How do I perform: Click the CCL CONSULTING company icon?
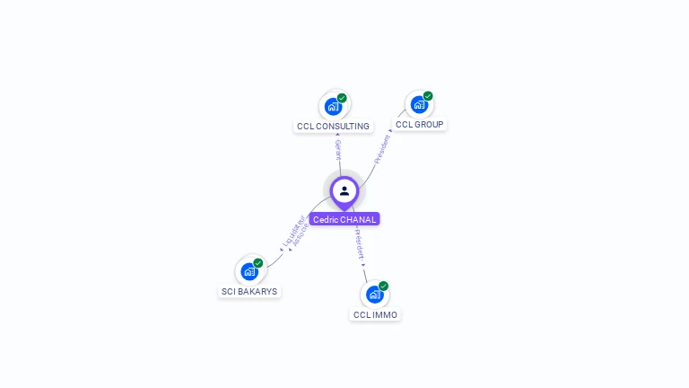pyautogui.click(x=333, y=106)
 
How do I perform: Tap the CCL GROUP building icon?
pyautogui.click(x=419, y=104)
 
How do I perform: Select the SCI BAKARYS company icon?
pyautogui.click(x=249, y=271)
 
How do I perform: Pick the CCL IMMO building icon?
pyautogui.click(x=374, y=295)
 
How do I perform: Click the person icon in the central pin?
pyautogui.click(x=344, y=190)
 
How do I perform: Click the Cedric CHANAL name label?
pyautogui.click(x=344, y=219)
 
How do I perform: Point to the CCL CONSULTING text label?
pyautogui.click(x=333, y=127)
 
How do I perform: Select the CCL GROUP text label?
pyautogui.click(x=419, y=125)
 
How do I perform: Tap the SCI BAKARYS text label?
pyautogui.click(x=249, y=292)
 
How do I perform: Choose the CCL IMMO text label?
pyautogui.click(x=375, y=315)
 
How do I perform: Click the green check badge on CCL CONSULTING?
pyautogui.click(x=342, y=98)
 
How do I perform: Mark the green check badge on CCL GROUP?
pyautogui.click(x=428, y=96)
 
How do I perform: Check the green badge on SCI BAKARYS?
pyautogui.click(x=258, y=263)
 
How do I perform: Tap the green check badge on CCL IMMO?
pyautogui.click(x=383, y=287)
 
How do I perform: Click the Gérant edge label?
pyautogui.click(x=338, y=149)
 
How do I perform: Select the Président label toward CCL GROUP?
pyautogui.click(x=383, y=147)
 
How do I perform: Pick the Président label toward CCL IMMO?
pyautogui.click(x=359, y=244)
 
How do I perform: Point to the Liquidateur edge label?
pyautogui.click(x=292, y=231)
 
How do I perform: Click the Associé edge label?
pyautogui.click(x=301, y=235)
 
